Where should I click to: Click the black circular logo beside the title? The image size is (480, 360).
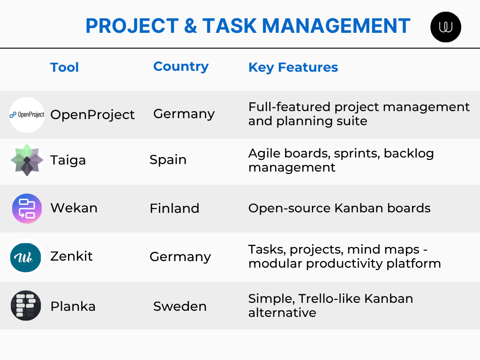coord(445,27)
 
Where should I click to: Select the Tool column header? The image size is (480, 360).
coord(64,67)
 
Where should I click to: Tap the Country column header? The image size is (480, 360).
coord(180,67)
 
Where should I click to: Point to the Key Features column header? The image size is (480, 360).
coord(293,67)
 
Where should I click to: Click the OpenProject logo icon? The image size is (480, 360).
coord(27,115)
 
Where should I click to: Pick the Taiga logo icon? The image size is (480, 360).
coord(27,160)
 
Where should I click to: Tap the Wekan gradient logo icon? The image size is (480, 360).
coord(27,209)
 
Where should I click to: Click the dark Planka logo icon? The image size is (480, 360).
coord(26,306)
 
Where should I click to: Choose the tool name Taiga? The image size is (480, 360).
coord(68,160)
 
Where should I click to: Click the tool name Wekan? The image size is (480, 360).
coord(74,208)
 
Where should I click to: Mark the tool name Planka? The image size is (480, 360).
coord(73,307)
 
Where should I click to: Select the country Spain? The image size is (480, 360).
coord(168,160)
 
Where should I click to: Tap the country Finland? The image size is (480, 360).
coord(174,208)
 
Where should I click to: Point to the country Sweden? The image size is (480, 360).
coord(180,307)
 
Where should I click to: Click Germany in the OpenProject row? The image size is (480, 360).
coord(184,114)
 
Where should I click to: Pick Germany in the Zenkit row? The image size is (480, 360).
coord(180,257)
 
